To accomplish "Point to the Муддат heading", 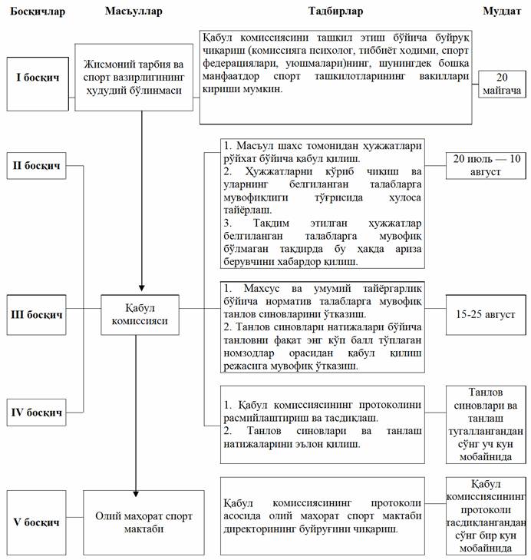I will click(x=501, y=12).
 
